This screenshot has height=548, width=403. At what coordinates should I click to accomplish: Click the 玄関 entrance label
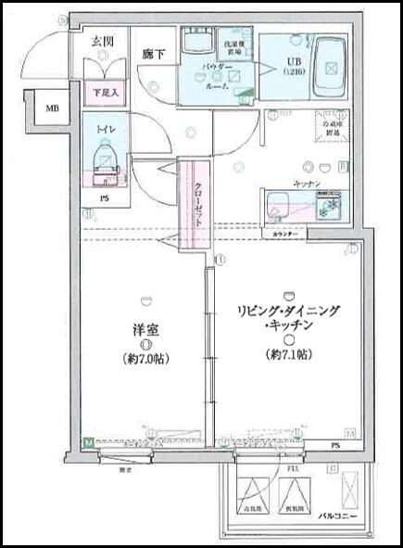[x=102, y=40]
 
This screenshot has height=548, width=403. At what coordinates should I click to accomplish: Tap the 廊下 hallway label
[x=154, y=55]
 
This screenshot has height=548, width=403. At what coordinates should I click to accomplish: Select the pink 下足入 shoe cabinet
[x=103, y=93]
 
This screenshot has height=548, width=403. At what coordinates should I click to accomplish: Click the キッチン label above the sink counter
[x=307, y=184]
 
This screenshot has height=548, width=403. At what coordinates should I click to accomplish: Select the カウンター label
[x=286, y=234]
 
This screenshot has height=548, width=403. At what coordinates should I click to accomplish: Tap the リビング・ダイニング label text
[x=289, y=312]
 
